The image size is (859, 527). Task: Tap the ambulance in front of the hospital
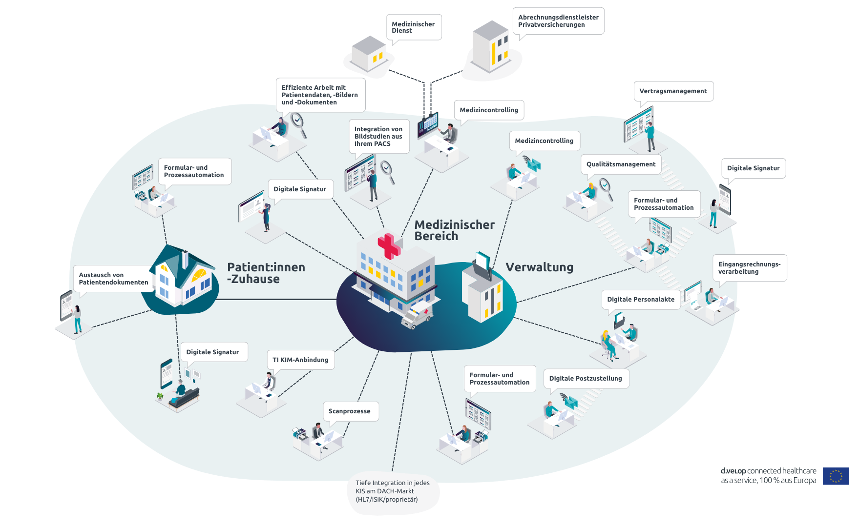[417, 315]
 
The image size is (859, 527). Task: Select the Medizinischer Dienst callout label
[414, 27]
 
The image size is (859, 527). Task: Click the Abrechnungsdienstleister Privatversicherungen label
[558, 21]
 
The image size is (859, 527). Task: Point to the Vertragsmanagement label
[673, 91]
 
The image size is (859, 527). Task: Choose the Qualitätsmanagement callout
[621, 164]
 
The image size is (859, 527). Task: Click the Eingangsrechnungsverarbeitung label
[750, 268]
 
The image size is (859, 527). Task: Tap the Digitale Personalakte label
[641, 300]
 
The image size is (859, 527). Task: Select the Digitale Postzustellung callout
[586, 379]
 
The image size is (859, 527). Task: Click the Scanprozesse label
[350, 411]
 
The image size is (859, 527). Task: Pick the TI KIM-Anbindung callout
[301, 360]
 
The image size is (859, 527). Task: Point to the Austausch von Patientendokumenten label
[114, 279]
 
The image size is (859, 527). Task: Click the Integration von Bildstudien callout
[379, 137]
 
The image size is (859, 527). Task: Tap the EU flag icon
[836, 476]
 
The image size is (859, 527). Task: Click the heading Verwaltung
[540, 267]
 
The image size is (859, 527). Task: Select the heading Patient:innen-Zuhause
[266, 273]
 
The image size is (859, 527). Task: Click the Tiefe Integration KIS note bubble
[394, 492]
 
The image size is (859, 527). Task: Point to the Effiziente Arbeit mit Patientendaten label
[320, 95]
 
